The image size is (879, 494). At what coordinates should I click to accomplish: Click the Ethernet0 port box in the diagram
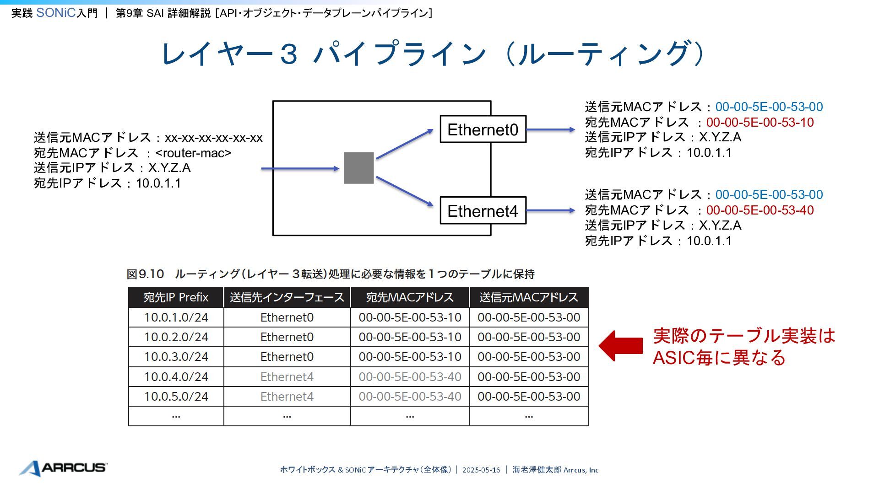[483, 129]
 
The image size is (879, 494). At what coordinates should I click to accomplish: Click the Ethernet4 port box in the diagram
[483, 211]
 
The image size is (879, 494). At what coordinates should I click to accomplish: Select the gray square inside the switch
[358, 168]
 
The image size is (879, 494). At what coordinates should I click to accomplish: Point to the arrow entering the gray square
[300, 169]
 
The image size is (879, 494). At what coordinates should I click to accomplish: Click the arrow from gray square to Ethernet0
[404, 144]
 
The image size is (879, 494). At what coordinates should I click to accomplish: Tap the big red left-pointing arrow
[620, 346]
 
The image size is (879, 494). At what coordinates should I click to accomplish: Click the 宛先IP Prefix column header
[176, 297]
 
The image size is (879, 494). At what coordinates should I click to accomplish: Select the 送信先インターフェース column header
[287, 297]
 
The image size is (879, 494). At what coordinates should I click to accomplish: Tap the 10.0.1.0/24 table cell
[176, 317]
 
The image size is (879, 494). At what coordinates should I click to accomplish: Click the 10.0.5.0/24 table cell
[176, 397]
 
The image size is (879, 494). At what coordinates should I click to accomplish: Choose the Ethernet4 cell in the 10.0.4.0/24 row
[287, 377]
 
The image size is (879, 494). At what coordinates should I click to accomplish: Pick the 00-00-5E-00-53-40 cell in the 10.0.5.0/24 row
[410, 397]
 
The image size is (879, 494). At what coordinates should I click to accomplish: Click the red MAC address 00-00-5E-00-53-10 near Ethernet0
[760, 123]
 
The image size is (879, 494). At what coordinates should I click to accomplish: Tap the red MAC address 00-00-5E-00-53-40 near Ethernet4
[760, 210]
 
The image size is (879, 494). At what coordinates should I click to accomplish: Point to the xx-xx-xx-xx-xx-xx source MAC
[213, 138]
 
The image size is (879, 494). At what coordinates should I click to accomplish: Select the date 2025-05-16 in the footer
[481, 470]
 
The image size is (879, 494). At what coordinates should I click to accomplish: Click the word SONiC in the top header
[55, 13]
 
